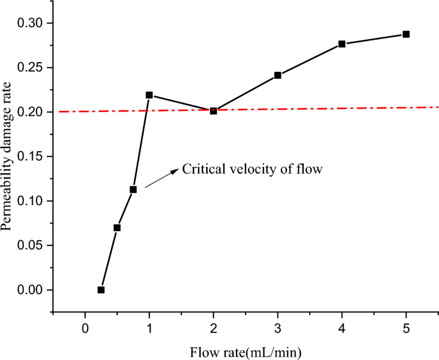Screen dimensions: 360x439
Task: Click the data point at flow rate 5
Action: pos(406,34)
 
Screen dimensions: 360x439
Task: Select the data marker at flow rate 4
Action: pos(342,44)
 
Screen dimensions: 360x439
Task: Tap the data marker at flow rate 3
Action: pos(277,75)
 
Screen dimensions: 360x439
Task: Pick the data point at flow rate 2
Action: pos(213,110)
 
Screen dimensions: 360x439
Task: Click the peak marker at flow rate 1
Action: pos(149,95)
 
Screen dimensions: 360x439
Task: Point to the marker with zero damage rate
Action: pos(101,290)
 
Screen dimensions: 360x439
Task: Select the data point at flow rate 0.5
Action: pos(117,227)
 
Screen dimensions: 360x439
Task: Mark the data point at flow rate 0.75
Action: pos(133,190)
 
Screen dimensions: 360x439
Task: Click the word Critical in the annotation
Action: pos(202,170)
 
